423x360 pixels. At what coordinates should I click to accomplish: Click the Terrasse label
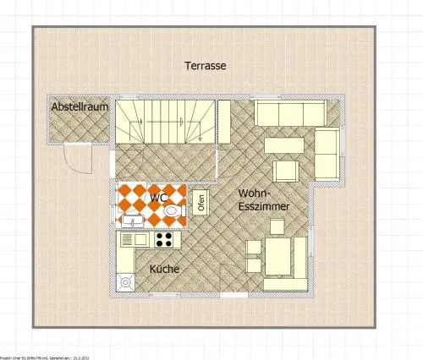[205, 65]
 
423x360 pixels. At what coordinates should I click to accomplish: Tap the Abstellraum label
[80, 107]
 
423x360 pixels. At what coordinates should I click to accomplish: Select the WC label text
[157, 198]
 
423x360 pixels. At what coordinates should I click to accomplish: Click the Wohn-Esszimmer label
[264, 199]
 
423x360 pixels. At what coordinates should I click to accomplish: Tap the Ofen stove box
[201, 203]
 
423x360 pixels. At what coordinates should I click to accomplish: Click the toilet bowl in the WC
[172, 210]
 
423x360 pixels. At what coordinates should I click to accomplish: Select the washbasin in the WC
[133, 221]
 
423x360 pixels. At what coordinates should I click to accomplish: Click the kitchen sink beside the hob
[133, 239]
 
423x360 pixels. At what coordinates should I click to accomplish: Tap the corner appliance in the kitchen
[126, 281]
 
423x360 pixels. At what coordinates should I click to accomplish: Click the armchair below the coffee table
[285, 170]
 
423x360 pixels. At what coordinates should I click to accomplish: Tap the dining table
[276, 254]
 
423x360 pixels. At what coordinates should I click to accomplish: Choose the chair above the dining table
[277, 226]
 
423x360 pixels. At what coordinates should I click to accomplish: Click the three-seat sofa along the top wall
[289, 113]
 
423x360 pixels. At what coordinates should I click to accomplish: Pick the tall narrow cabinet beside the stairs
[224, 123]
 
